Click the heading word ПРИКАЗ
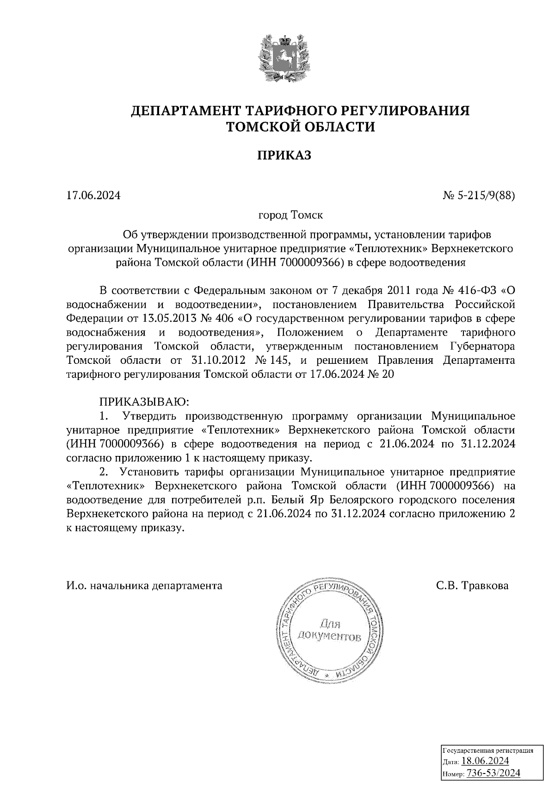284,156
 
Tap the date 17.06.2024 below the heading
93,196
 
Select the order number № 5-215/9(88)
479,196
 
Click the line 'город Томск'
290,216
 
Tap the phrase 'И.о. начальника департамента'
144,586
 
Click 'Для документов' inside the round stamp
329,630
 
